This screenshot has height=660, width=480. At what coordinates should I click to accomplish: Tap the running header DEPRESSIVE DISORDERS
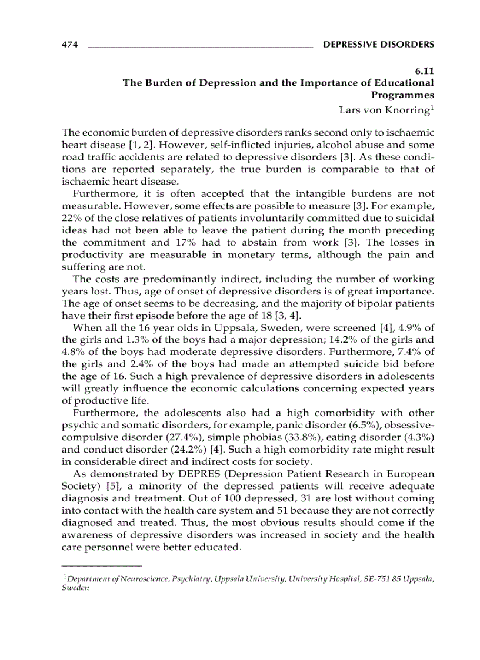pos(379,45)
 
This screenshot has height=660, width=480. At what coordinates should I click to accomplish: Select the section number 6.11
pos(424,71)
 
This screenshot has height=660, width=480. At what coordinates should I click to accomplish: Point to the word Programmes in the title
pos(402,95)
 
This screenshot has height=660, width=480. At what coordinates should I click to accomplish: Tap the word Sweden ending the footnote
pos(75,588)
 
